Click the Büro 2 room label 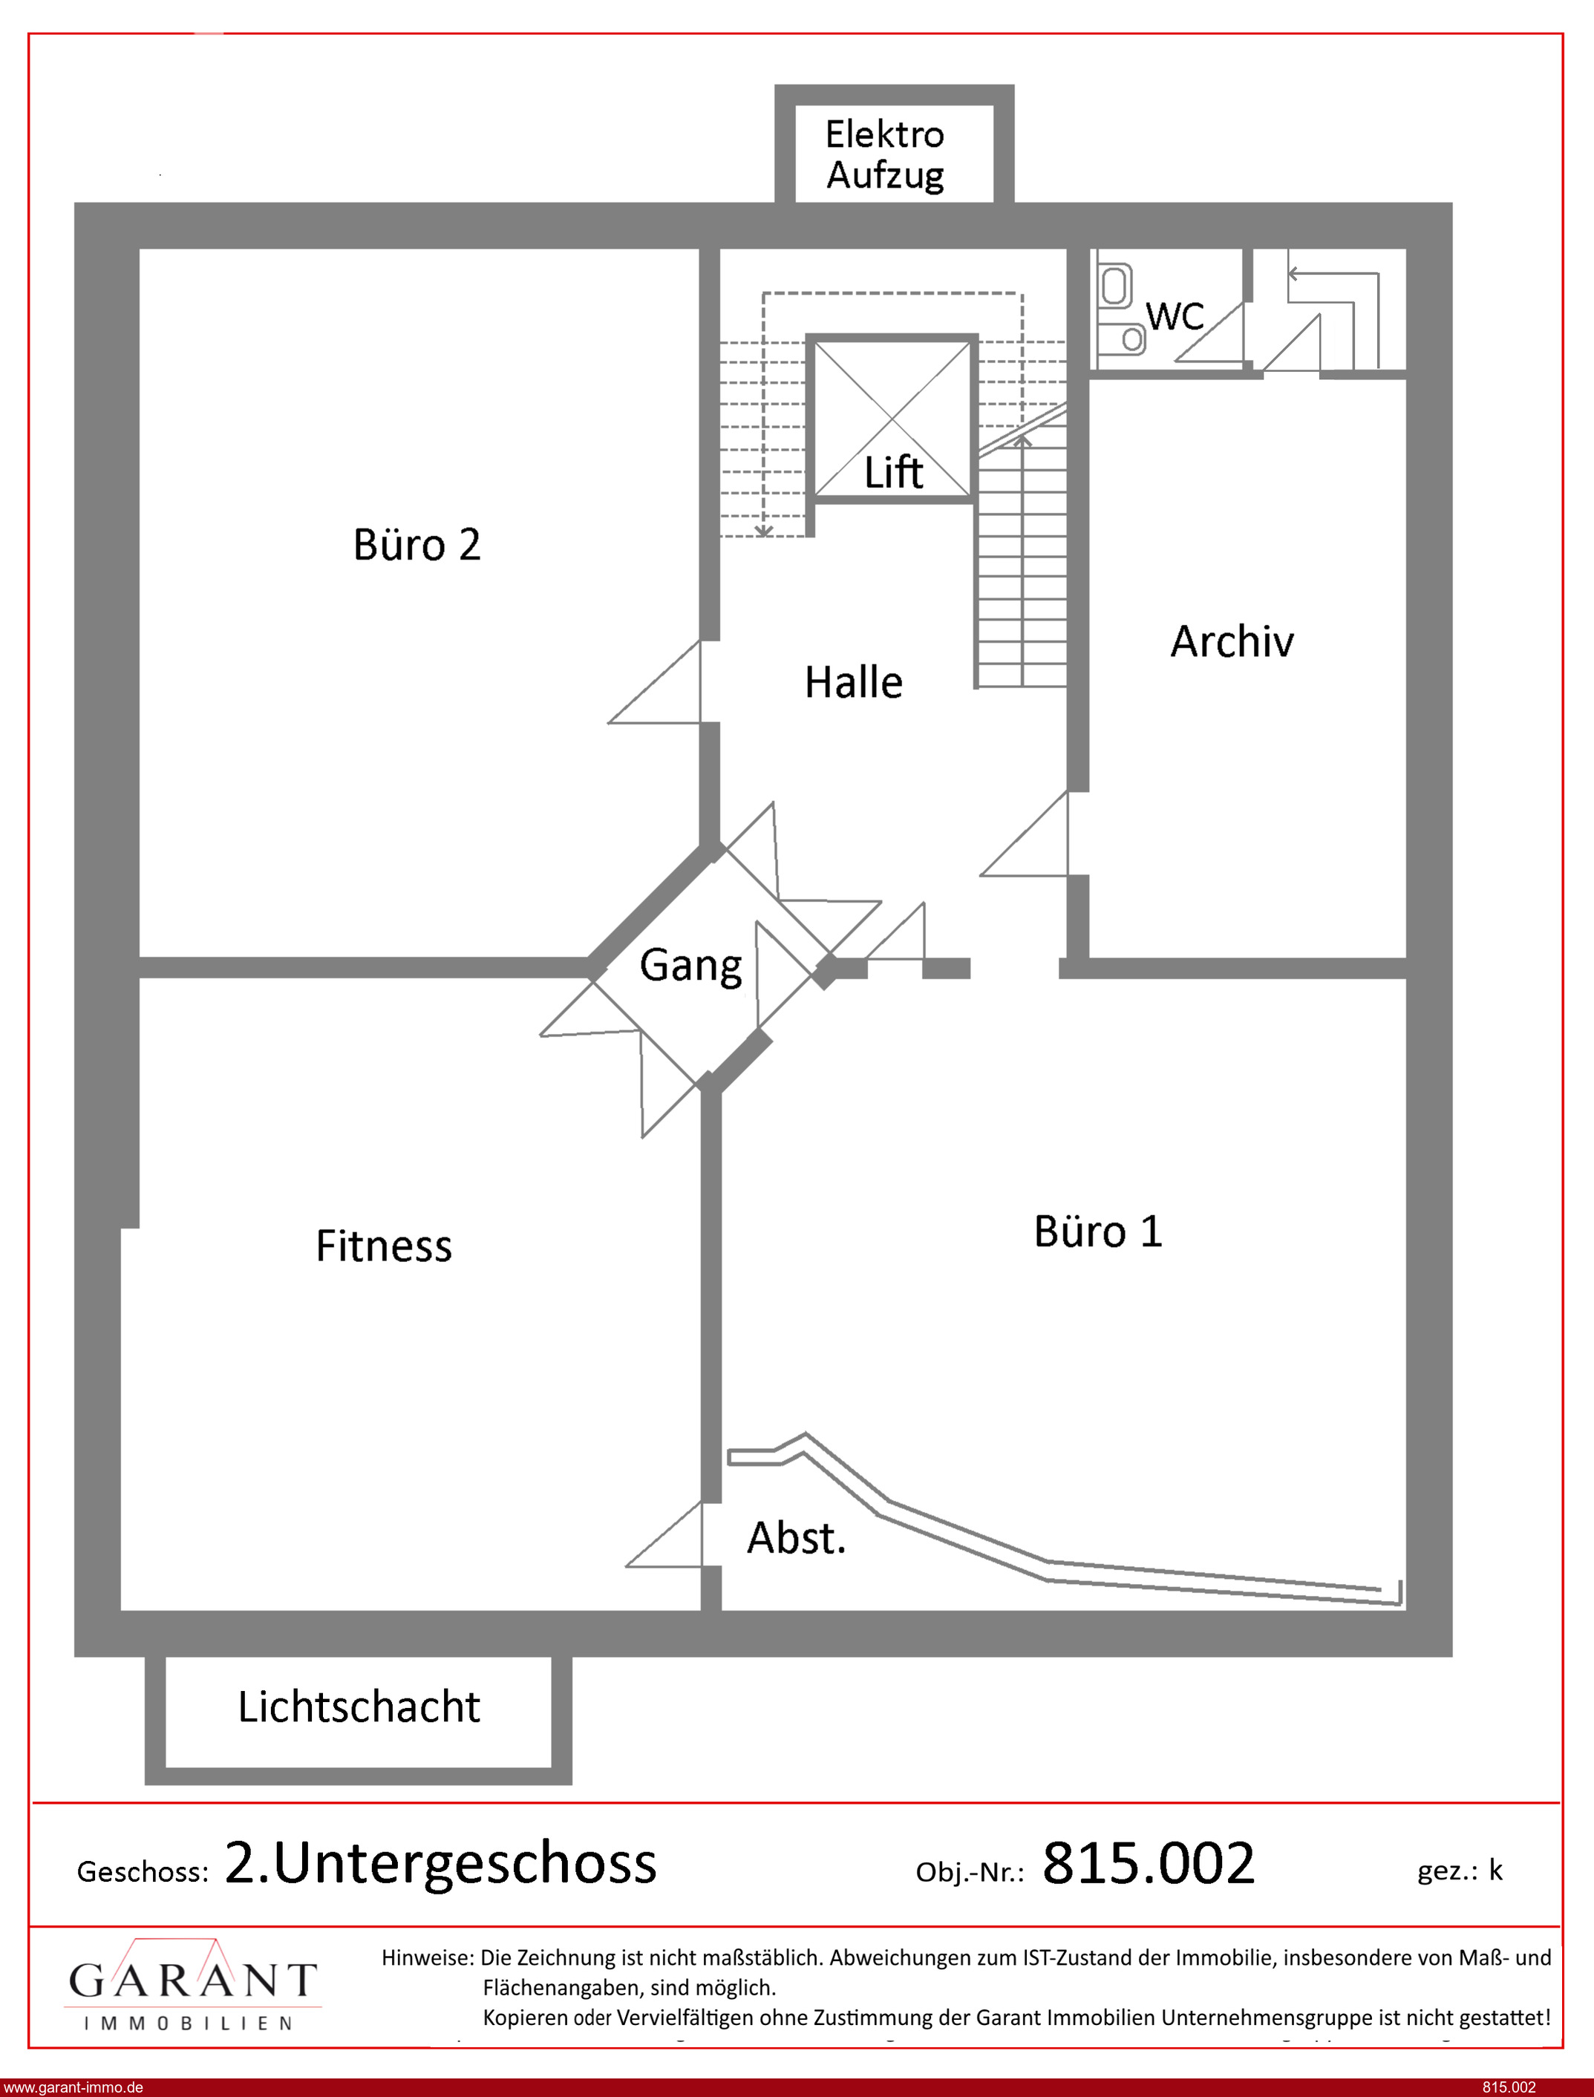pos(417,546)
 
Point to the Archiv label pos(1232,641)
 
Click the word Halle pos(853,682)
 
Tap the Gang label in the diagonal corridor pos(690,966)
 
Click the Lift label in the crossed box pos(893,471)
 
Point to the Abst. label pos(795,1538)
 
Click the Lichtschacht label pos(359,1707)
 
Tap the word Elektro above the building pos(884,134)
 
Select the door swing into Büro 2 pos(655,682)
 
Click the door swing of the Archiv pos(1025,834)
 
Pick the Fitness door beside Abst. pos(664,1534)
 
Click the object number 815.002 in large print pos(1148,1862)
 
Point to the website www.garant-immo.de pos(73,2087)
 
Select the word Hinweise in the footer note pos(427,1957)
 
